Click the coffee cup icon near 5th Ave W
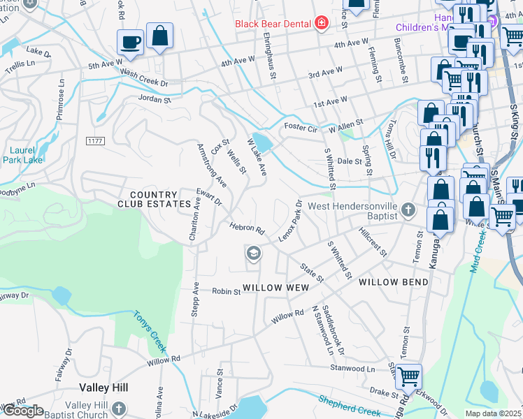coord(131,43)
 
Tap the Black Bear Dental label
coord(273,24)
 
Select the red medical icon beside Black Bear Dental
coord(321,24)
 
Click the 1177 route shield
coord(95,141)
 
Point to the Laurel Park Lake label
coord(27,155)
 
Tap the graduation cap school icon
coord(253,253)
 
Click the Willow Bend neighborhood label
coord(393,281)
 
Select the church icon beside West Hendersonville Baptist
coord(408,209)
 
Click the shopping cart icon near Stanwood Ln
coord(408,375)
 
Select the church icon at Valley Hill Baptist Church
coord(119,409)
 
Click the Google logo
coord(22,411)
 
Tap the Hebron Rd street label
coord(247,228)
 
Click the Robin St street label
coord(227,291)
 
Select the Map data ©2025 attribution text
coord(493,413)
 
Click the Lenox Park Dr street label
coord(290,221)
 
